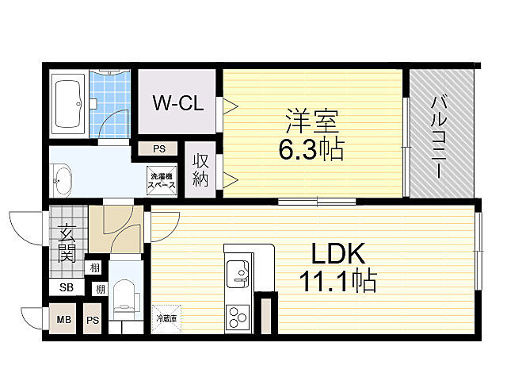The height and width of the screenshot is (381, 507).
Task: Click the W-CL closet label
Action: [x=178, y=103]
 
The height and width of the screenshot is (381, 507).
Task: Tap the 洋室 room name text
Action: [x=312, y=121]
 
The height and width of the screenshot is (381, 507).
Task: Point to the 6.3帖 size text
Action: [x=311, y=149]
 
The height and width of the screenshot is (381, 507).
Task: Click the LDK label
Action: [x=338, y=254]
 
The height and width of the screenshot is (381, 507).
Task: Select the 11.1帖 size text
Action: [x=338, y=281]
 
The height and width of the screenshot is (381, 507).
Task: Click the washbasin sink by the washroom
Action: [x=62, y=180]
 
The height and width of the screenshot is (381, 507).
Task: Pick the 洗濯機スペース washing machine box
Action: [x=162, y=181]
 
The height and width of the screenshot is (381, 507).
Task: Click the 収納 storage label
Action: [x=200, y=170]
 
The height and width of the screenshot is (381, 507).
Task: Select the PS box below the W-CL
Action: [x=158, y=149]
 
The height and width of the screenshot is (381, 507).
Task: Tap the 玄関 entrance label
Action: [x=67, y=244]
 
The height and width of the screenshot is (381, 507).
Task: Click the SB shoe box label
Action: [x=67, y=287]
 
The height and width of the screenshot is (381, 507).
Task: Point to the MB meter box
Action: [x=63, y=319]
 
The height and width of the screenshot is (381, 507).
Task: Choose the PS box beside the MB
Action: [x=93, y=319]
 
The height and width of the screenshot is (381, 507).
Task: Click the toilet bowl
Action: [x=124, y=297]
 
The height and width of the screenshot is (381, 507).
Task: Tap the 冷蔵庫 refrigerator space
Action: [x=166, y=319]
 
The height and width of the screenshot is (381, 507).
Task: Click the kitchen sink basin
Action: [x=238, y=274]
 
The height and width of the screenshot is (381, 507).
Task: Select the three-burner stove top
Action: [x=238, y=317]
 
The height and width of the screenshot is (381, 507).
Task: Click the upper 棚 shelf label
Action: [x=94, y=268]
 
